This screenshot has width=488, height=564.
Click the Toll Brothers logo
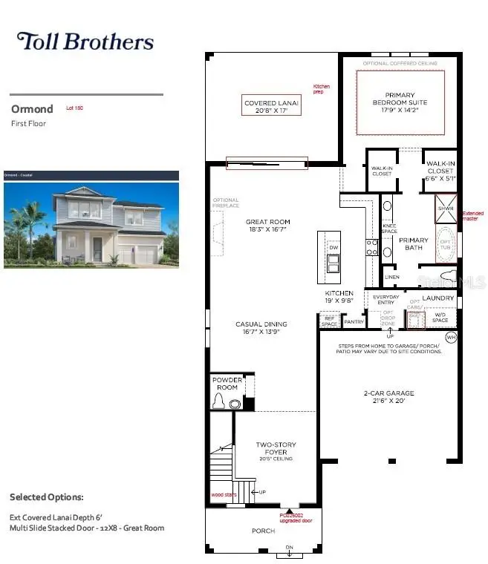pos(85,42)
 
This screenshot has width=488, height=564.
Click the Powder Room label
pos(227,384)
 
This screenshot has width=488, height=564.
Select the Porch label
pos(264,531)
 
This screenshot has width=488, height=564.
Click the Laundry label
pos(438,298)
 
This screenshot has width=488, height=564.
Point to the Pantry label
pos(354,322)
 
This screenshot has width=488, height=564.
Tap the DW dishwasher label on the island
pos(334,247)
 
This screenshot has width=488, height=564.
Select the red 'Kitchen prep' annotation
pos(321,90)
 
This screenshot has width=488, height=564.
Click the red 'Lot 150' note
pos(74,108)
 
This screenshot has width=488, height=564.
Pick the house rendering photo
pos(91,220)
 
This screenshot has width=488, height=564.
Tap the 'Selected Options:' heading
pos(46,496)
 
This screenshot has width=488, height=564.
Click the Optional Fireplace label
pos(226,203)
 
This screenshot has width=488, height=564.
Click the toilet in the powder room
pos(220,402)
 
